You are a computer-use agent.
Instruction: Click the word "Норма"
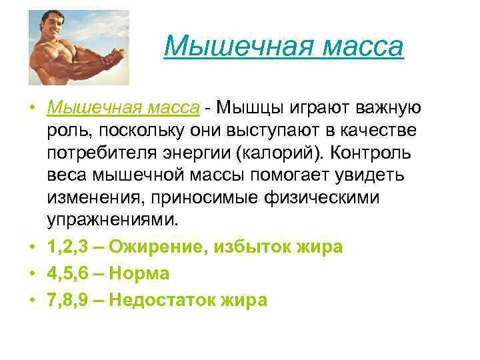(139, 273)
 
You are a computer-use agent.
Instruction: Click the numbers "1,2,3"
(69, 247)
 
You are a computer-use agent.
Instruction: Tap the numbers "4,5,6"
(69, 273)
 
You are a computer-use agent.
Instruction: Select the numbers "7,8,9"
(69, 300)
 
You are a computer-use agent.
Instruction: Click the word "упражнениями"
(111, 219)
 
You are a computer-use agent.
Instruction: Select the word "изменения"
(95, 197)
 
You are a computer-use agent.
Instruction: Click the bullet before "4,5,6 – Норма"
(32, 274)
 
